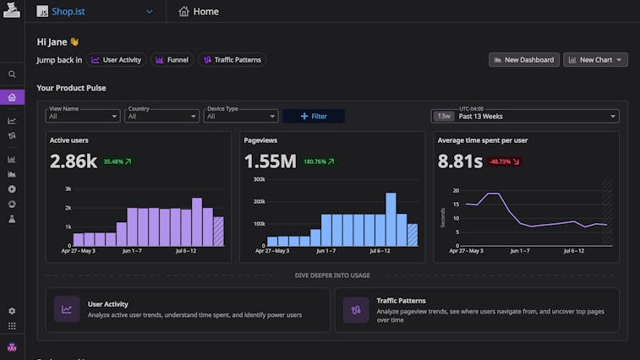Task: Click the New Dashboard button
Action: (524, 60)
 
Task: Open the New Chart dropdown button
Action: (595, 60)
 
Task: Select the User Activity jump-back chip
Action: (116, 60)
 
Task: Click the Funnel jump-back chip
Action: (172, 60)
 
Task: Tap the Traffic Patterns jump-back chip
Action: (232, 60)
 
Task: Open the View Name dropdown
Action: (83, 116)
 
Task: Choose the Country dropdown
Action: (161, 116)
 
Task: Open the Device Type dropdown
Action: (241, 116)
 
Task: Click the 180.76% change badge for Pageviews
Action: (320, 161)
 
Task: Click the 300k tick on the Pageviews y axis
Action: (258, 179)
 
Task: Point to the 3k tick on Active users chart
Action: (67, 188)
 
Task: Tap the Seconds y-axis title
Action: (442, 218)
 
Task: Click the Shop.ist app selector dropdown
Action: (95, 12)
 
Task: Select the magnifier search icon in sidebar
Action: (12, 74)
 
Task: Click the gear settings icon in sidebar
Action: (12, 311)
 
